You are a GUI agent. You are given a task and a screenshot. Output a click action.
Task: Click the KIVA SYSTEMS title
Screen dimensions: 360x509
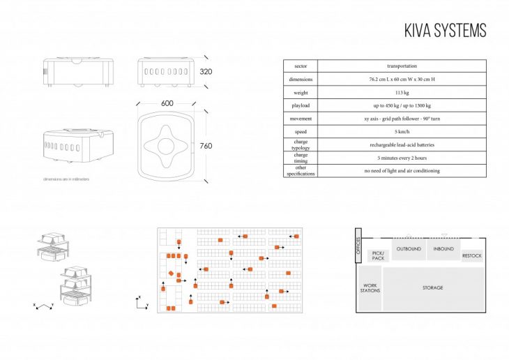[x=445, y=31]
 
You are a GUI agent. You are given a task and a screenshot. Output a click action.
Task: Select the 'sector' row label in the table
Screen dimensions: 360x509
[x=301, y=66]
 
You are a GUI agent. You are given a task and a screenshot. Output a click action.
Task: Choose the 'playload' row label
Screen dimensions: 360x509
[x=301, y=105]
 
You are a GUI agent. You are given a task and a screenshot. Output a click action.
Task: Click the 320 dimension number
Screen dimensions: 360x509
[x=206, y=72]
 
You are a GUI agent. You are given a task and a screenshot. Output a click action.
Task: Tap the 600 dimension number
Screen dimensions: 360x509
[x=167, y=103]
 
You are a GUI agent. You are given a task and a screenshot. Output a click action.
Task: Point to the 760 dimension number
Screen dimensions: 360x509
[x=206, y=146]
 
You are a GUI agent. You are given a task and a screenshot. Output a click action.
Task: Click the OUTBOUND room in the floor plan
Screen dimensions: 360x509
[x=409, y=249]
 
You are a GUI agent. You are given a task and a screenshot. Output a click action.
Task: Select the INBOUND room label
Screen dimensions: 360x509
[x=443, y=249]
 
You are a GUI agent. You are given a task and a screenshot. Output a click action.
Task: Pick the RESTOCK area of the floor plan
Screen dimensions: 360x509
[x=472, y=256]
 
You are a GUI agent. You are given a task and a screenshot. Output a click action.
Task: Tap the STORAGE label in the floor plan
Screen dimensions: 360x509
[x=432, y=287]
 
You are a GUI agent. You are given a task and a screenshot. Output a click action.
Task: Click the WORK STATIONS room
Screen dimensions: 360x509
[x=370, y=287]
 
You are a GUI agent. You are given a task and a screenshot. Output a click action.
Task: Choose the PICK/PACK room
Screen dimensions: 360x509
[x=377, y=256]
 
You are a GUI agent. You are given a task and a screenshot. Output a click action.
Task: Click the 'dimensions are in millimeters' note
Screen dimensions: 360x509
[x=66, y=179]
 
